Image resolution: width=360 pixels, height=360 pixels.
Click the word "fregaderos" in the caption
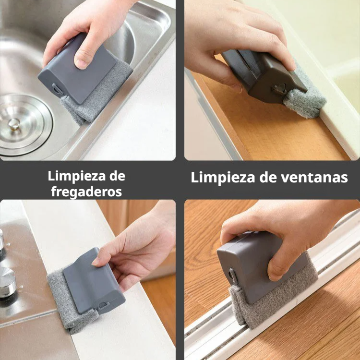(86, 192)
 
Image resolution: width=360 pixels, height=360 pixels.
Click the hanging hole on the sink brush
(57, 90)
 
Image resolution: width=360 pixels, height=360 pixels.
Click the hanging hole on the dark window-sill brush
(278, 89)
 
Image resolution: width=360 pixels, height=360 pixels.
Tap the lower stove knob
(7, 283)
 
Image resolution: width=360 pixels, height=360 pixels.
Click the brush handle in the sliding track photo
(254, 269)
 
